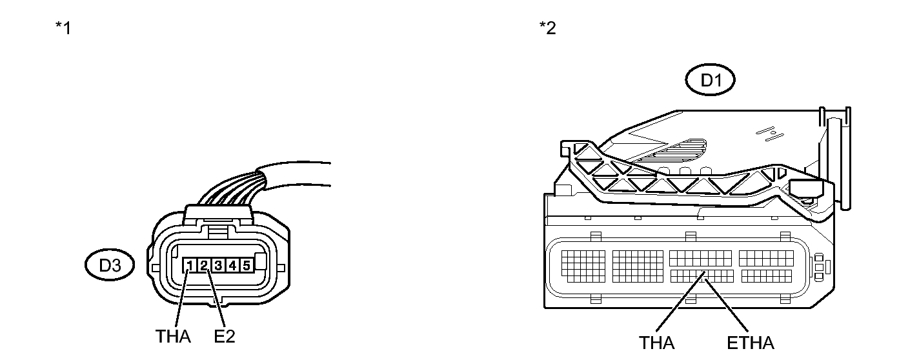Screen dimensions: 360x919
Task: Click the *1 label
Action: (63, 29)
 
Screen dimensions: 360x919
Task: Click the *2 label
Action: (547, 29)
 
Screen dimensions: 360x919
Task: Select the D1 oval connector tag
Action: (710, 81)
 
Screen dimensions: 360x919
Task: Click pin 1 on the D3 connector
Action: (190, 265)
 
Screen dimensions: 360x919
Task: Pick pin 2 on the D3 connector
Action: (204, 265)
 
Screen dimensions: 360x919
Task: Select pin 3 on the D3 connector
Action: (218, 265)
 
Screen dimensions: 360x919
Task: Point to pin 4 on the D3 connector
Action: (232, 265)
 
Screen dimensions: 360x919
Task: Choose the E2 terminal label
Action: (224, 336)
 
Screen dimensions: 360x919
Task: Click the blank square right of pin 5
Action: (261, 262)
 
